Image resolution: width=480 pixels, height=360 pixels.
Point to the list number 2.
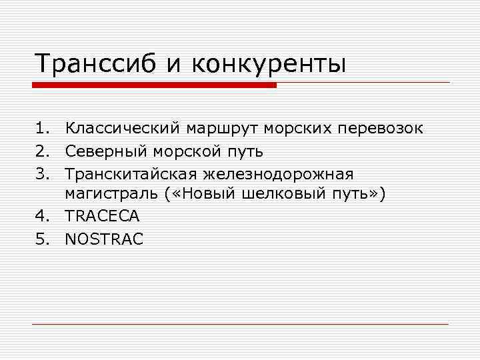click(43, 151)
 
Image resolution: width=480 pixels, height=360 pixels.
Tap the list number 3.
click(43, 173)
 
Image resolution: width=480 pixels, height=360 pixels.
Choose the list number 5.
click(43, 239)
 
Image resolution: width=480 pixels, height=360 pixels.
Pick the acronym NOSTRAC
click(104, 239)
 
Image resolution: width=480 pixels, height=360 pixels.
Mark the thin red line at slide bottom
click(240, 324)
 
